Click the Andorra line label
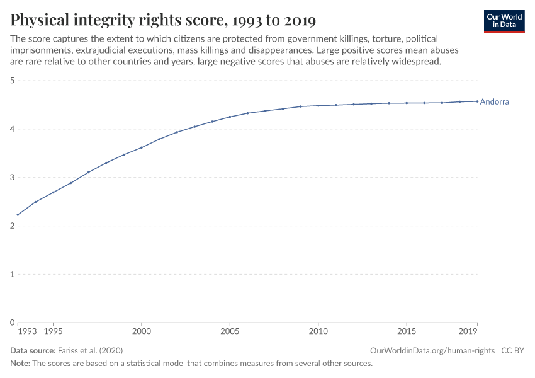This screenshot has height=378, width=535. (494, 101)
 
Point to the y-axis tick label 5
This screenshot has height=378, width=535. (12, 81)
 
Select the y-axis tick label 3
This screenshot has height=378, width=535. (12, 178)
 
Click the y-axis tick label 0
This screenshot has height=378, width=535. (12, 323)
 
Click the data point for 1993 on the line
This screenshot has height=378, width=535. (18, 215)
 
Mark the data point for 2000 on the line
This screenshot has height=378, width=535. (142, 147)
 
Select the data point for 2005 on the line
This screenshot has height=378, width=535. (230, 117)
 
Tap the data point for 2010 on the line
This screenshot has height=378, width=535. (318, 106)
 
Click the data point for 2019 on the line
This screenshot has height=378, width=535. (477, 101)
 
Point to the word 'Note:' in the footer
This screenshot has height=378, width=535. (20, 364)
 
